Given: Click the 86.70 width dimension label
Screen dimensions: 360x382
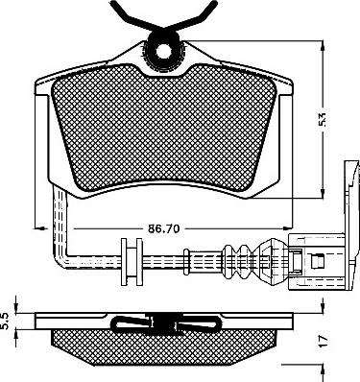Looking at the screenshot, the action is pyautogui.click(x=164, y=228).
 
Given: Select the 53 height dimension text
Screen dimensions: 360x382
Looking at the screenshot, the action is pyautogui.click(x=323, y=120).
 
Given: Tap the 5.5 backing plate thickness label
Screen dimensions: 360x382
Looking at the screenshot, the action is pyautogui.click(x=6, y=322).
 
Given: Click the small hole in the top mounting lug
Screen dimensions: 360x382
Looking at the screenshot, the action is pyautogui.click(x=164, y=51).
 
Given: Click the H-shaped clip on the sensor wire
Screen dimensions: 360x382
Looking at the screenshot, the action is pyautogui.click(x=132, y=262).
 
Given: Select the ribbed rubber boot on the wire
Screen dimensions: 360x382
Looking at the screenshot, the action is pyautogui.click(x=237, y=260).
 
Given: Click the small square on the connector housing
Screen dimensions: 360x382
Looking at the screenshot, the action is pyautogui.click(x=317, y=261).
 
